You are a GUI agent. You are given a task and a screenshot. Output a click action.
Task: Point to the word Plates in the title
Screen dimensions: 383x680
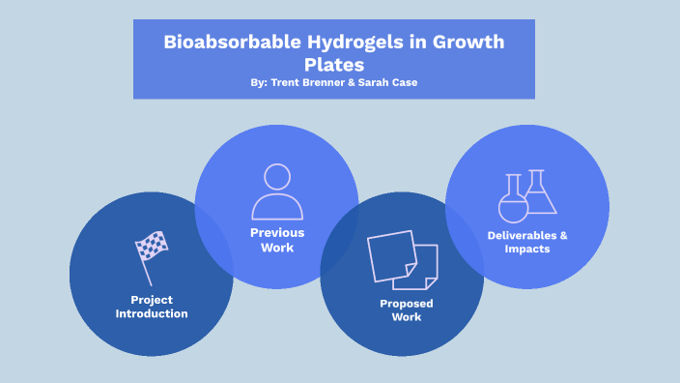[331, 65]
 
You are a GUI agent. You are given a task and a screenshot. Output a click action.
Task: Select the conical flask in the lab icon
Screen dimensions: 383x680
[540, 192]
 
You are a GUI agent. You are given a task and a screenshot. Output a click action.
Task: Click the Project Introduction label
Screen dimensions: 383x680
[152, 307]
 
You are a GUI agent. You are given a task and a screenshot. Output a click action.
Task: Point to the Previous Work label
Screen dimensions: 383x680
[277, 240]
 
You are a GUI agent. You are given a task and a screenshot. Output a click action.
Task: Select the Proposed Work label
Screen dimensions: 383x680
[407, 310]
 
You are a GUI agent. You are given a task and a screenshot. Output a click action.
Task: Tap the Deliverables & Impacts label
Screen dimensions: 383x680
[527, 242]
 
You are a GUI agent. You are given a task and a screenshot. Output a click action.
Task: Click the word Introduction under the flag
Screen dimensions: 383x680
[152, 314]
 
